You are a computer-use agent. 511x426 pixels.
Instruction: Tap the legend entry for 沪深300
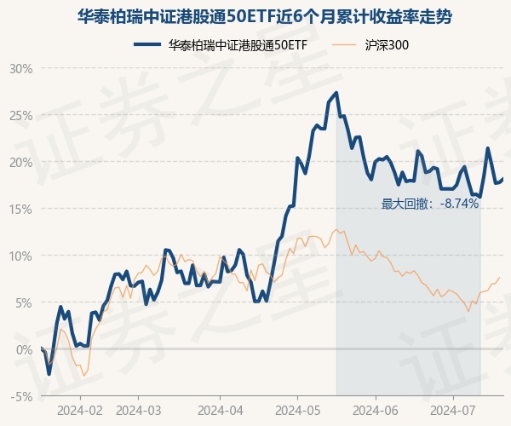pos(374,45)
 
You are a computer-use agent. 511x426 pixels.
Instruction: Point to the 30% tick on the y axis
pos(20,68)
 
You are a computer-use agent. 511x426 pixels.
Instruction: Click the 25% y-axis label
pos(20,115)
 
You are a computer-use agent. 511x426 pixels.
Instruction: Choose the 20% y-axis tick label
pos(20,162)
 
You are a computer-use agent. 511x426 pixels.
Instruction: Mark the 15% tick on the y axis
pos(20,209)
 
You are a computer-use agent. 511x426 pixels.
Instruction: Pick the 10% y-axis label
pos(20,256)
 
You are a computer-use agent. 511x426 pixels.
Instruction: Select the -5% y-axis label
pos(20,396)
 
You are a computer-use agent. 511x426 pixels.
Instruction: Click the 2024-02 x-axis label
pos(80,410)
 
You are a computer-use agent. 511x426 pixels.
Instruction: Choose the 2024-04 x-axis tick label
pos(220,410)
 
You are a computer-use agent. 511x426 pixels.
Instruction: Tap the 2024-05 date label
pos(297,410)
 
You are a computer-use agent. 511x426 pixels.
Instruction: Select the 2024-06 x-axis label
pos(375,410)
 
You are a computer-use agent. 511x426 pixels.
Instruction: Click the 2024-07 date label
pos(452,410)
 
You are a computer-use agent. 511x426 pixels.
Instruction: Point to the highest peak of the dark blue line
pos(336,93)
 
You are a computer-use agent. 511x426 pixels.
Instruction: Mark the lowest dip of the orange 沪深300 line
pos(83,376)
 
